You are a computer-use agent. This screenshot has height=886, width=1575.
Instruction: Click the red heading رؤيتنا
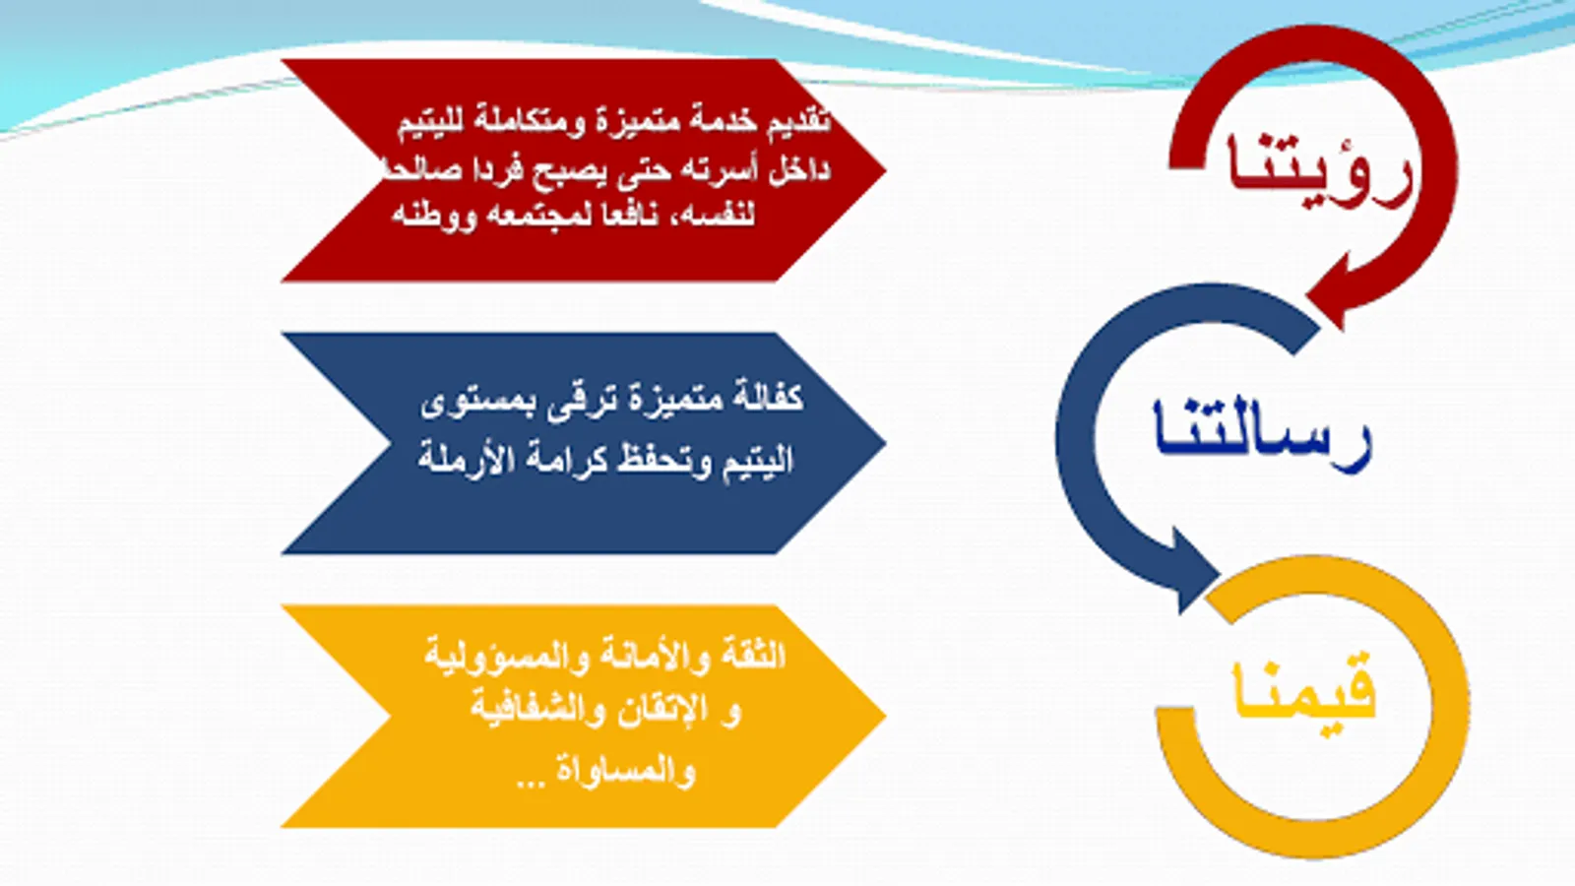click(x=1320, y=171)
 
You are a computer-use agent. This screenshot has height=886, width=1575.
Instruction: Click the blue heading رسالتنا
click(x=1262, y=436)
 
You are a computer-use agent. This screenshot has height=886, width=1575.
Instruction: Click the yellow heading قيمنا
click(x=1304, y=693)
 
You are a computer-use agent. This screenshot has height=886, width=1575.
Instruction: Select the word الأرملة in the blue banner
click(x=454, y=458)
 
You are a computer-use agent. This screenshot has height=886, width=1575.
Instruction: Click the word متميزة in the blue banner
click(x=675, y=399)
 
